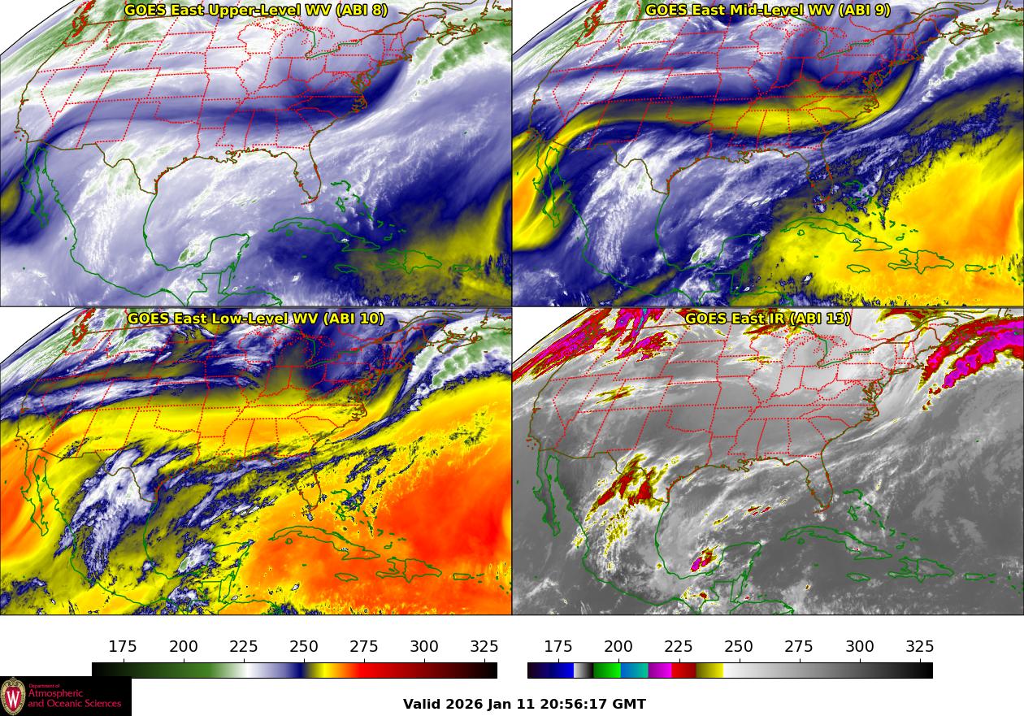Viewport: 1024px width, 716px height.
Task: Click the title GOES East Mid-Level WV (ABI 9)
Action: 767,11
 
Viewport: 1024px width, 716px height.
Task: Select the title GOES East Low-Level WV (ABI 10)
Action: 255,319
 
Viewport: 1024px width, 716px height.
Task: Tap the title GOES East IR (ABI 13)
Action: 767,319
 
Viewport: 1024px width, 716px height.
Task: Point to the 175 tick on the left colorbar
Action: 124,662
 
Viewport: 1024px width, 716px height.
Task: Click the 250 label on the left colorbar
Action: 304,647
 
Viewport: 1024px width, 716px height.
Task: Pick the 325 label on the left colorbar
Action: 484,647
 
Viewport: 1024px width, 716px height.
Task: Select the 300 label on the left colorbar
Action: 424,647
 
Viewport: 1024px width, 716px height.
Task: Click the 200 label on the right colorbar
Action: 618,647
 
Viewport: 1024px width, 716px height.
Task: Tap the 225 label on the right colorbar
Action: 679,647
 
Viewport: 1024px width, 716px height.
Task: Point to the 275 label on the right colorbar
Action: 799,647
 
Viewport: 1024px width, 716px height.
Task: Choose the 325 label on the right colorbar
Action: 919,647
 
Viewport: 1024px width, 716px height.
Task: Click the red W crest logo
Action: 13,696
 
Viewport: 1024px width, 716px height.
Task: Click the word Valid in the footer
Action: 422,704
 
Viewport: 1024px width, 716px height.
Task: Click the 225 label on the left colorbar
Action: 244,647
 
